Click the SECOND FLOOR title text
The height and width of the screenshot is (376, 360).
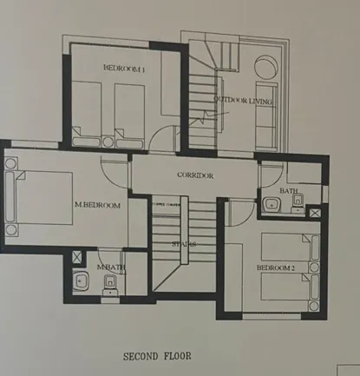163,356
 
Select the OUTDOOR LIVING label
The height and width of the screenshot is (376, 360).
243,102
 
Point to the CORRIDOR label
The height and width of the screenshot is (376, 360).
194,175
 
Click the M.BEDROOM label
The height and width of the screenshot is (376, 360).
97,205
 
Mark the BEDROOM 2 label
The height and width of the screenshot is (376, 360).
276,268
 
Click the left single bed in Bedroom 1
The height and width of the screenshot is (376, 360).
86,111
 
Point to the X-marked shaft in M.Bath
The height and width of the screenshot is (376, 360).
80,258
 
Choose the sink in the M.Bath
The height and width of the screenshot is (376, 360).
82,281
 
